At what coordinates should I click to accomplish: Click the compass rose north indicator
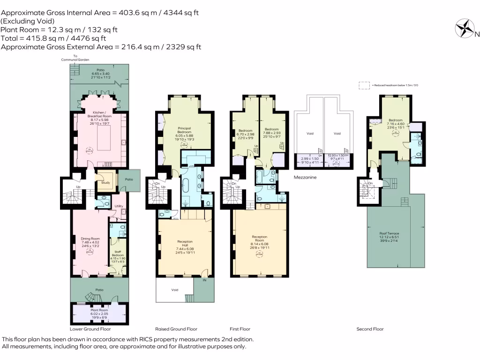(466, 28)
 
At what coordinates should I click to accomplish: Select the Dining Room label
(89, 239)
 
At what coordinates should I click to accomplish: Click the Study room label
(105, 183)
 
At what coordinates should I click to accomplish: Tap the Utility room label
(119, 206)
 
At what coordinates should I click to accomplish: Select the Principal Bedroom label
(185, 128)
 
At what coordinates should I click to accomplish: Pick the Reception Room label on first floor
(259, 237)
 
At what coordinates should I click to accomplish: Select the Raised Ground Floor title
(176, 329)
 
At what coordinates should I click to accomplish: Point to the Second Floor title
(370, 329)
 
